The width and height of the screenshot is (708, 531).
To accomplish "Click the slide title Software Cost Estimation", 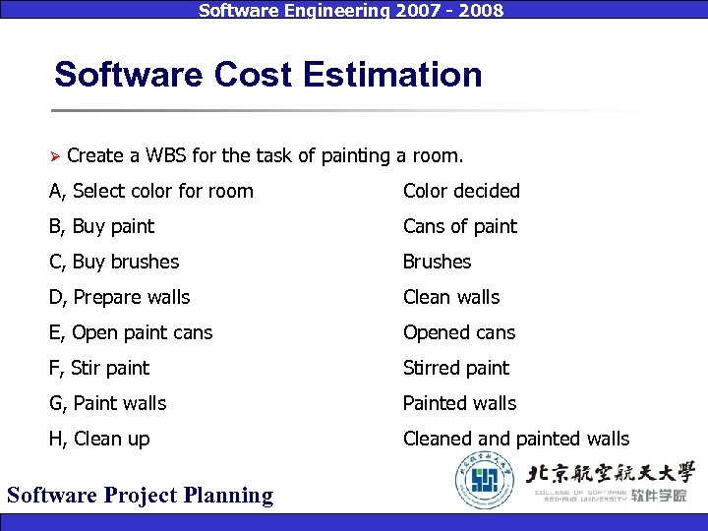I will [x=268, y=75].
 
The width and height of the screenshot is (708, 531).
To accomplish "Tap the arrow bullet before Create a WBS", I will [x=56, y=156].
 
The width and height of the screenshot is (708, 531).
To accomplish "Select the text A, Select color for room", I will [x=151, y=191].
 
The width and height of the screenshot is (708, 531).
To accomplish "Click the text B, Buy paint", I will [x=101, y=226].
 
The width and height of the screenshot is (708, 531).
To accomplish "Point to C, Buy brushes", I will [x=114, y=262].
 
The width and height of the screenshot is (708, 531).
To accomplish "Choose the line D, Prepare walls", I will [x=119, y=297].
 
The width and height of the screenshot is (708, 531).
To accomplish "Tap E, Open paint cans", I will [x=131, y=332].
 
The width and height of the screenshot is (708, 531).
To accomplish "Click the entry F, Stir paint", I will [x=99, y=368].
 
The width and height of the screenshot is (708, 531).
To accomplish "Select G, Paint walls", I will [x=108, y=403].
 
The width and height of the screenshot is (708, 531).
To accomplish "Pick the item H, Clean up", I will [x=99, y=439].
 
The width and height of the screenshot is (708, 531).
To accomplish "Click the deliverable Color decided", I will [x=461, y=191].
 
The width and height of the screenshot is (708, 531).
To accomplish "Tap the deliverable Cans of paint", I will [x=459, y=226].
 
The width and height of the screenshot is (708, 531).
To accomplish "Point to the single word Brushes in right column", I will [x=437, y=262].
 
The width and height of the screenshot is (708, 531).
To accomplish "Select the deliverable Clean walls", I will [x=451, y=297].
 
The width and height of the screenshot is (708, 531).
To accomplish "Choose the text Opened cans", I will [x=459, y=332].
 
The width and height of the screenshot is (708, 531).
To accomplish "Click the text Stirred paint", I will [x=456, y=368].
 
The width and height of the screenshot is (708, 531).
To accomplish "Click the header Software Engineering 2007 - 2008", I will [x=351, y=11].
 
